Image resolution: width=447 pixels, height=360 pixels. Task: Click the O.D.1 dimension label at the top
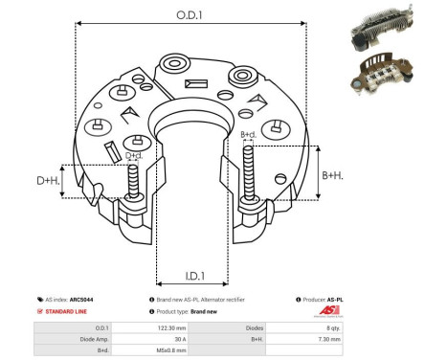188,14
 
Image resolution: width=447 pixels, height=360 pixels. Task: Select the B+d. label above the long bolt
248,135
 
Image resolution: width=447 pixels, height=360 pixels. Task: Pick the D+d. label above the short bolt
135,154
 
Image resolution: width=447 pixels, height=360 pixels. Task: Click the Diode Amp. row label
66,339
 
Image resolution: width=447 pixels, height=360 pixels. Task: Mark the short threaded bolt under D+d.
132,184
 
